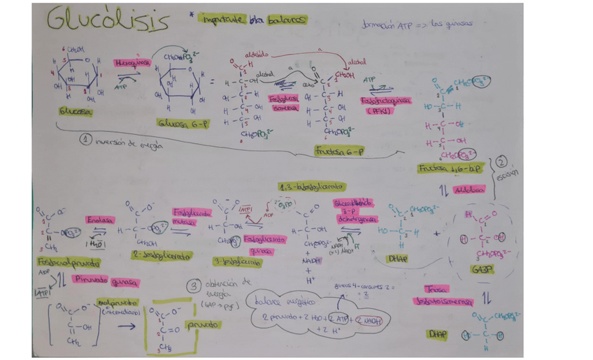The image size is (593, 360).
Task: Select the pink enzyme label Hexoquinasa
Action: [133, 62]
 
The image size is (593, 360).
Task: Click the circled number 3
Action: [193, 285]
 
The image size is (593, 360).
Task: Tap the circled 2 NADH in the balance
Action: [371, 319]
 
